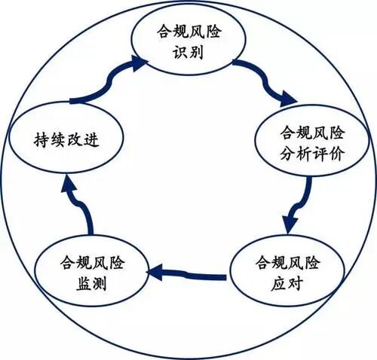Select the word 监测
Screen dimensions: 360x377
coord(93,284)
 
